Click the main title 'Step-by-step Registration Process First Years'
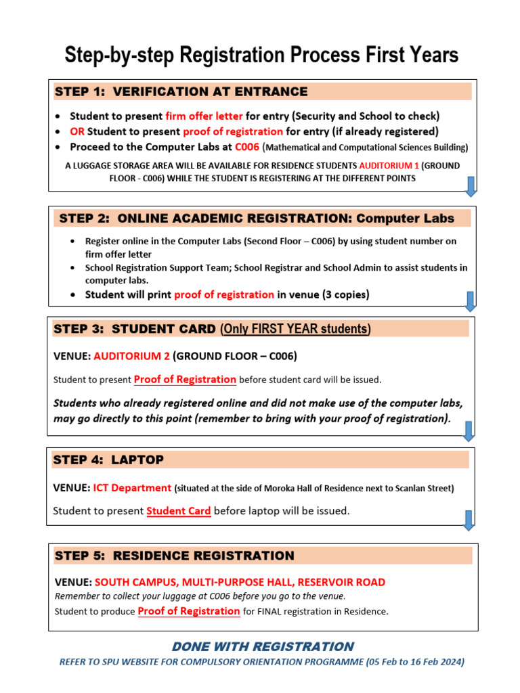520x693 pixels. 261,55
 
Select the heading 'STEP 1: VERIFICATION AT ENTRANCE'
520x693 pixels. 181,91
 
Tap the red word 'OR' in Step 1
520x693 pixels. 77,131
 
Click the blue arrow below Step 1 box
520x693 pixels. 471,185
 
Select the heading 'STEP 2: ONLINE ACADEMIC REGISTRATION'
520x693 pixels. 257,218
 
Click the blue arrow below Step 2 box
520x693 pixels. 471,301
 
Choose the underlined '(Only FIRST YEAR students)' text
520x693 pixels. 296,329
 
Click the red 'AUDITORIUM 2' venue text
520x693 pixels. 132,355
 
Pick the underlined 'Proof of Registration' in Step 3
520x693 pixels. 185,379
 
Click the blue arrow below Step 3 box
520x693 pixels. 468,430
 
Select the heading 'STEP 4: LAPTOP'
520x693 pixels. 108,460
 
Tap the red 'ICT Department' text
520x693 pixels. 132,487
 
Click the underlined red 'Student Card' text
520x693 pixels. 179,511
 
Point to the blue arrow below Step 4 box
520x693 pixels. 468,520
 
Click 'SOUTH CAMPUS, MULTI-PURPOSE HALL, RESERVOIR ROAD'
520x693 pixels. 240,582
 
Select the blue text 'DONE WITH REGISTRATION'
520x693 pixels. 263,646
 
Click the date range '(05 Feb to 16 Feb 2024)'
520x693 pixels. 415,662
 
